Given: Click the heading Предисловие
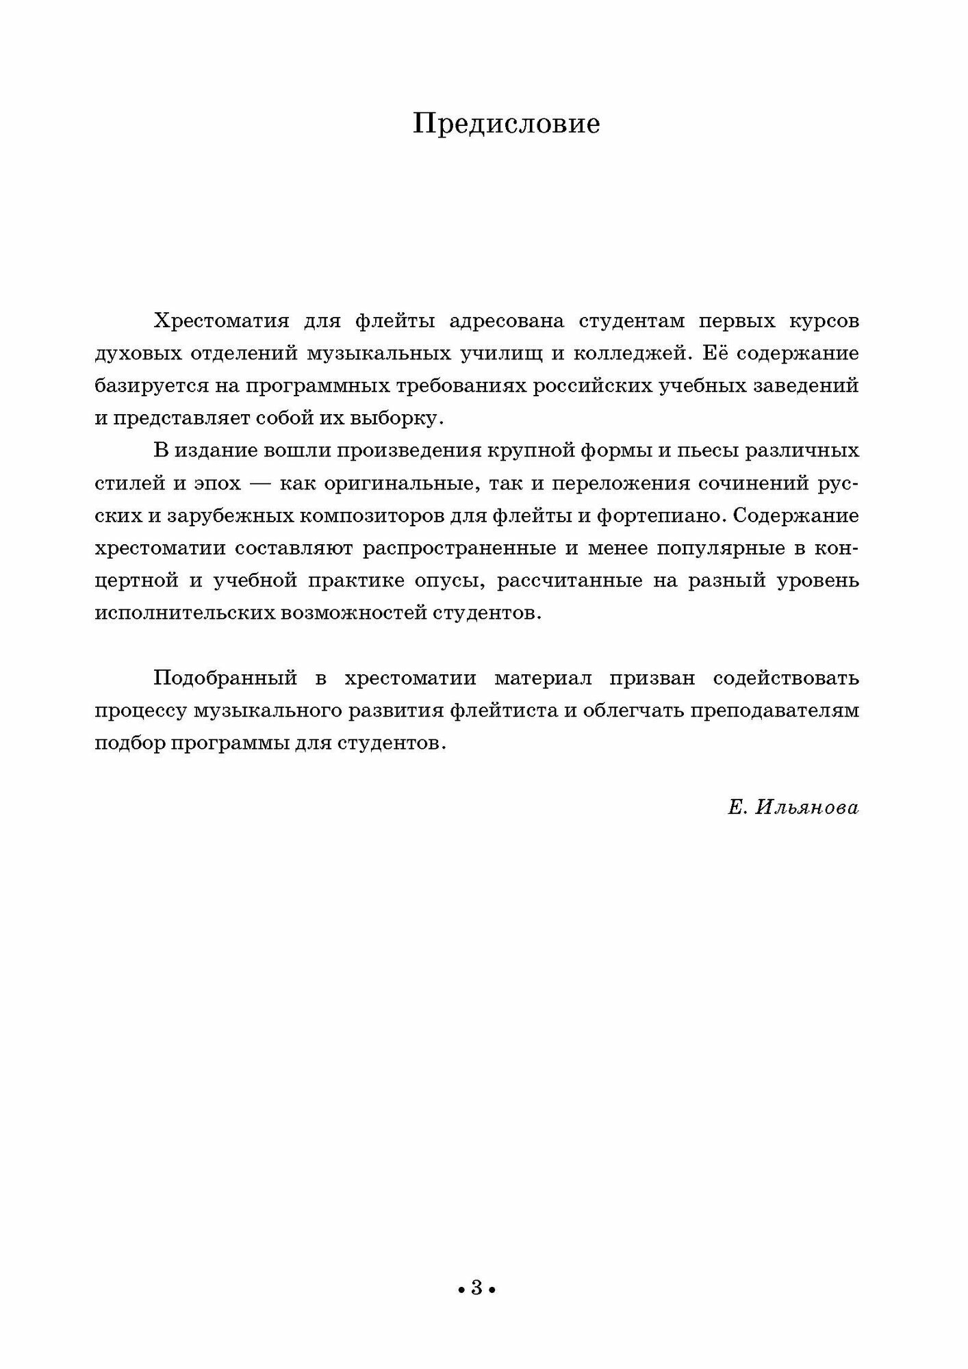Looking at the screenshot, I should click(507, 125).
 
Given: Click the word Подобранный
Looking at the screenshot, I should click(225, 678).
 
